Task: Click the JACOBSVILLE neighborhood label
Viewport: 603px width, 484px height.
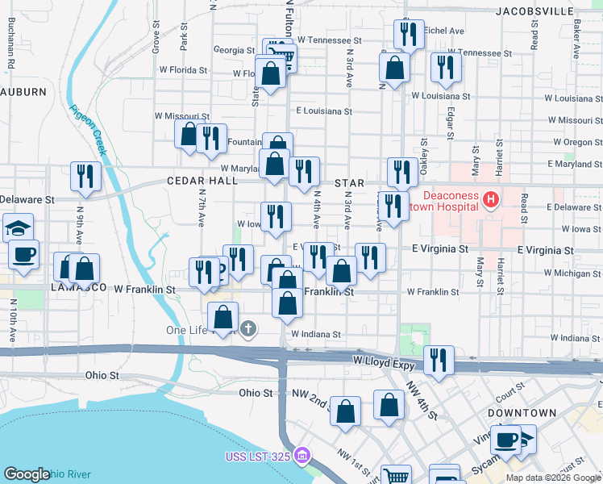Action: pos(534,11)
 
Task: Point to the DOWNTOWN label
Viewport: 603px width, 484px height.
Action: pos(523,412)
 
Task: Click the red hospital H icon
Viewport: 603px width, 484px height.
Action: pos(489,198)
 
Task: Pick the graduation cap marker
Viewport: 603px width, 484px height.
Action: pos(17,227)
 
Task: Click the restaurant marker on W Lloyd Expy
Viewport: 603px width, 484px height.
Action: pos(438,359)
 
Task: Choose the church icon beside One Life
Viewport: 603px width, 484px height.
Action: pos(248,328)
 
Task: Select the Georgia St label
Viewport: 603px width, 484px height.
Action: pos(235,50)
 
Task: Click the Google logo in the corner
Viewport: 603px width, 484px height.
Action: pos(27,475)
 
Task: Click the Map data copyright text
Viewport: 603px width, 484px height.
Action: pos(553,478)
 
